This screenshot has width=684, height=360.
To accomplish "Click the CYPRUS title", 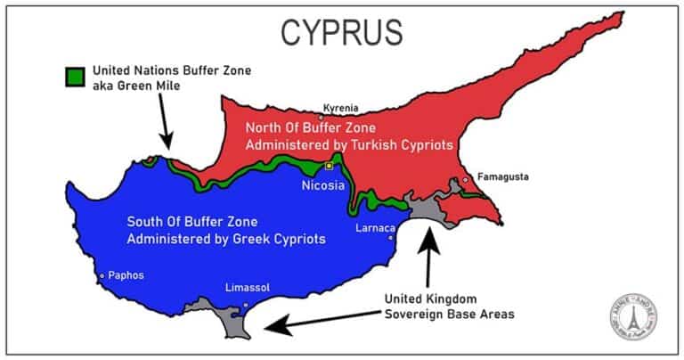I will (x=341, y=32).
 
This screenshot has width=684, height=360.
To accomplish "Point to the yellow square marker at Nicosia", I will (x=329, y=166).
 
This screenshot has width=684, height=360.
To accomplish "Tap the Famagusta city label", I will (x=503, y=176).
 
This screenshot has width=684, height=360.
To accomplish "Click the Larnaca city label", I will (x=375, y=227).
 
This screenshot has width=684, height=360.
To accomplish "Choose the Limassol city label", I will (x=248, y=287).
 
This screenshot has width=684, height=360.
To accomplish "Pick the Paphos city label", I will (x=126, y=275).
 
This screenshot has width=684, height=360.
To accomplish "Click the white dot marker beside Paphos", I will (x=103, y=275).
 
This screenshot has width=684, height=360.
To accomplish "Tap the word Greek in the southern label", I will (x=241, y=239).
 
